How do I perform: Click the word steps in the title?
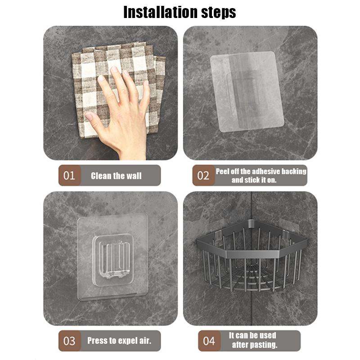pos(219,13)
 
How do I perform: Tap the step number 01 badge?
pos(69,175)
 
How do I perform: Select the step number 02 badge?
pos(203,175)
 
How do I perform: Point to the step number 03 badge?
pos(69,341)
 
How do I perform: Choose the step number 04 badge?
pos(209,341)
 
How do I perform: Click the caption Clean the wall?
pos(116,176)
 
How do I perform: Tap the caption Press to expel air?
pos(119,341)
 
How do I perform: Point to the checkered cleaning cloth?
pos(118,90)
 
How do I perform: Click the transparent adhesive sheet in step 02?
pos(247,92)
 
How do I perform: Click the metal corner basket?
pos(252,255)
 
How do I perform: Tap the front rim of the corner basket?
pos(252,253)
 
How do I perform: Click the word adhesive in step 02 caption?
pos(263,171)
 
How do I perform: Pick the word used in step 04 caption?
pos(268,335)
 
